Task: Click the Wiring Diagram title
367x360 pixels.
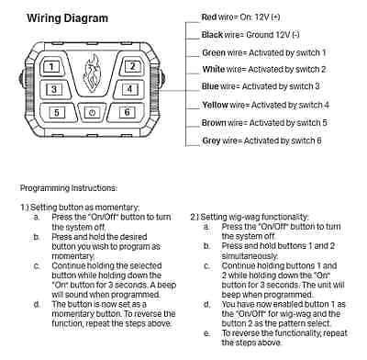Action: tap(67, 18)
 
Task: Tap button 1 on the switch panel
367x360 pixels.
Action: tap(53, 67)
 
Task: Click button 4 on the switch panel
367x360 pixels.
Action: tap(131, 89)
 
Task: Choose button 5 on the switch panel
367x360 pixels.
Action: tap(57, 112)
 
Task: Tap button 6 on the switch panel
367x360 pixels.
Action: tap(126, 112)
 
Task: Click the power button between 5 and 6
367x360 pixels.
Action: tap(92, 112)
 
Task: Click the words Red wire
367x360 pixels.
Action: tap(217, 17)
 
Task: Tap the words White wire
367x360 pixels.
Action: tap(220, 70)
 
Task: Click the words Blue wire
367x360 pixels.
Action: tap(218, 87)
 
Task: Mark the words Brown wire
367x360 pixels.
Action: tap(221, 122)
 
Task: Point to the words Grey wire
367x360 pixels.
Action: tap(219, 140)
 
